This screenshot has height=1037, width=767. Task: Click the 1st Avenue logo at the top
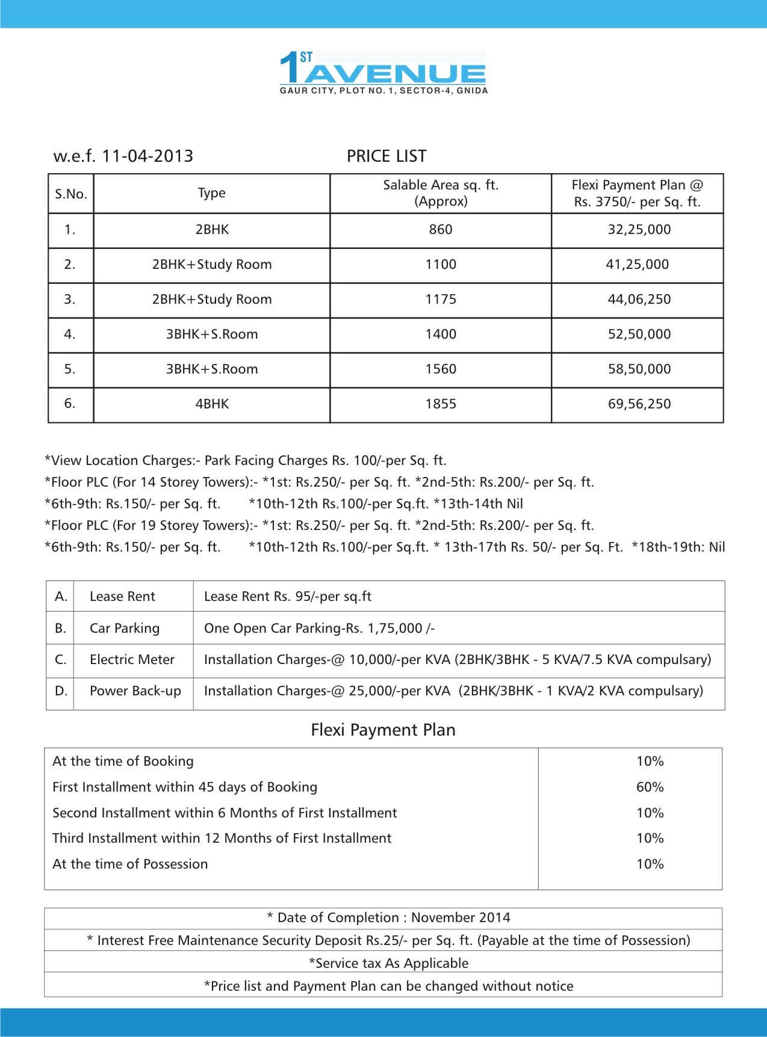point(383,73)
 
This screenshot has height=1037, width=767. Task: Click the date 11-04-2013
point(147,156)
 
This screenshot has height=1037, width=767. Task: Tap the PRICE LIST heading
point(387,156)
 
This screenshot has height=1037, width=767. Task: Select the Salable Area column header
point(441,193)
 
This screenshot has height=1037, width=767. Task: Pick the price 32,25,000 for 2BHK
point(639,230)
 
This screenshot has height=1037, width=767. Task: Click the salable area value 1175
point(441,300)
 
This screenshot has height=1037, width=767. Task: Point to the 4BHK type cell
point(212,404)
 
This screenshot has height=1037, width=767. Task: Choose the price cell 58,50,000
point(639,369)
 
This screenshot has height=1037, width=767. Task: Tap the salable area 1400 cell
point(441,334)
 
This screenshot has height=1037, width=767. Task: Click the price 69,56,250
point(639,404)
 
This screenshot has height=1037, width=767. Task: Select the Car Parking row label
point(125,629)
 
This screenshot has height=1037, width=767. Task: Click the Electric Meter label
point(132,660)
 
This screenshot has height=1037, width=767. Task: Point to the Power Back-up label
point(135,691)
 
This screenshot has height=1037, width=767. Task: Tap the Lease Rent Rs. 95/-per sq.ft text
point(288,597)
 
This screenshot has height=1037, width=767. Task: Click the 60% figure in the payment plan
point(650,787)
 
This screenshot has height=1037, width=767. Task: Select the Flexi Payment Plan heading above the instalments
point(383,730)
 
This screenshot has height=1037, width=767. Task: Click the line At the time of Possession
point(130,864)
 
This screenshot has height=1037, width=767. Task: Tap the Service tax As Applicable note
point(388,964)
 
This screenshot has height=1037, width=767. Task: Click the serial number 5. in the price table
point(70,369)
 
